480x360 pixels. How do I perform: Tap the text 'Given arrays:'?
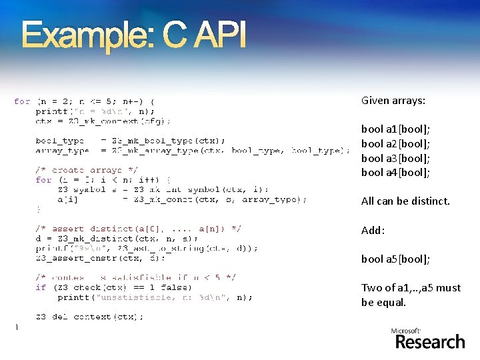393,101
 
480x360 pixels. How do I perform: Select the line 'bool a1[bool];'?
395,129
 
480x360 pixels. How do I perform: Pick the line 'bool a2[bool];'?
395,143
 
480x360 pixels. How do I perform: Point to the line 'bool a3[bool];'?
395,158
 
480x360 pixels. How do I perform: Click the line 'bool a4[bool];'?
395,173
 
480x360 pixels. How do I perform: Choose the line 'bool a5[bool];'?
395,259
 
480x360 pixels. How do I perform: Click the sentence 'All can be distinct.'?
405,201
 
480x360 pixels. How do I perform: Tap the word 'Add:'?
373,230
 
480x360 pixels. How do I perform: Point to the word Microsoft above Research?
406,331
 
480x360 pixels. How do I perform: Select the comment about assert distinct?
139,229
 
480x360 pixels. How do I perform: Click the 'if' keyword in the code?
41,287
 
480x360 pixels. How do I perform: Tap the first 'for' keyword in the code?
22,101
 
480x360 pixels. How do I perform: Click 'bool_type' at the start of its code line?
60,141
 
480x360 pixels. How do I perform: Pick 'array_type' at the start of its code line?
62,151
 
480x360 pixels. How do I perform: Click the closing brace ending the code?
17,327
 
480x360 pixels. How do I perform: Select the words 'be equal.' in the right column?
383,302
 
